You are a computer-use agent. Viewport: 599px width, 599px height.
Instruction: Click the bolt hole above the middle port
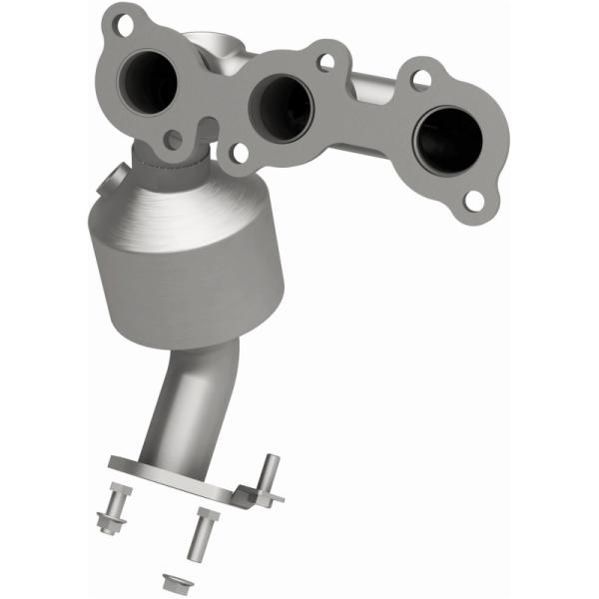(x=324, y=62)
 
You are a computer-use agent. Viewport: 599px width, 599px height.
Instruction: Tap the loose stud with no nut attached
(x=202, y=531)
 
